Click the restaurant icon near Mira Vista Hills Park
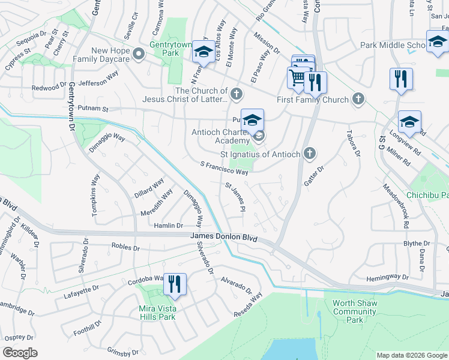(x=175, y=283)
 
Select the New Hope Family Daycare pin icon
(x=139, y=55)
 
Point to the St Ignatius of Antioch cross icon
(x=310, y=154)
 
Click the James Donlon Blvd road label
(x=223, y=238)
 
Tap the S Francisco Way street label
(x=224, y=168)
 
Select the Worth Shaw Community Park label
(x=354, y=311)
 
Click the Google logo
(x=20, y=352)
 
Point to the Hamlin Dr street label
(x=168, y=225)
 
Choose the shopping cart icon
(x=297, y=77)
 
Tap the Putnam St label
(x=95, y=109)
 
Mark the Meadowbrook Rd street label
(x=396, y=206)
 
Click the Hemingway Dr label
(x=387, y=277)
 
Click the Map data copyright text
(x=411, y=355)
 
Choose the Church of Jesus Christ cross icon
(x=237, y=94)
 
